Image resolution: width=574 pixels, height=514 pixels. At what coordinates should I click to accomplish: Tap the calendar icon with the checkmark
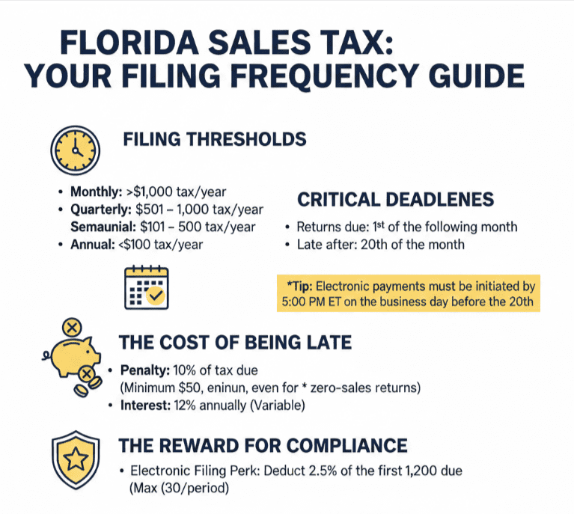click(147, 289)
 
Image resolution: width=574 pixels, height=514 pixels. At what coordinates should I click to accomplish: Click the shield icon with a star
click(76, 458)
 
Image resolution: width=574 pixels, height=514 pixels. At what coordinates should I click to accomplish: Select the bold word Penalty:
click(140, 370)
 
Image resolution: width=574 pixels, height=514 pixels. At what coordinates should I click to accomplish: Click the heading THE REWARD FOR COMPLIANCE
click(263, 446)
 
